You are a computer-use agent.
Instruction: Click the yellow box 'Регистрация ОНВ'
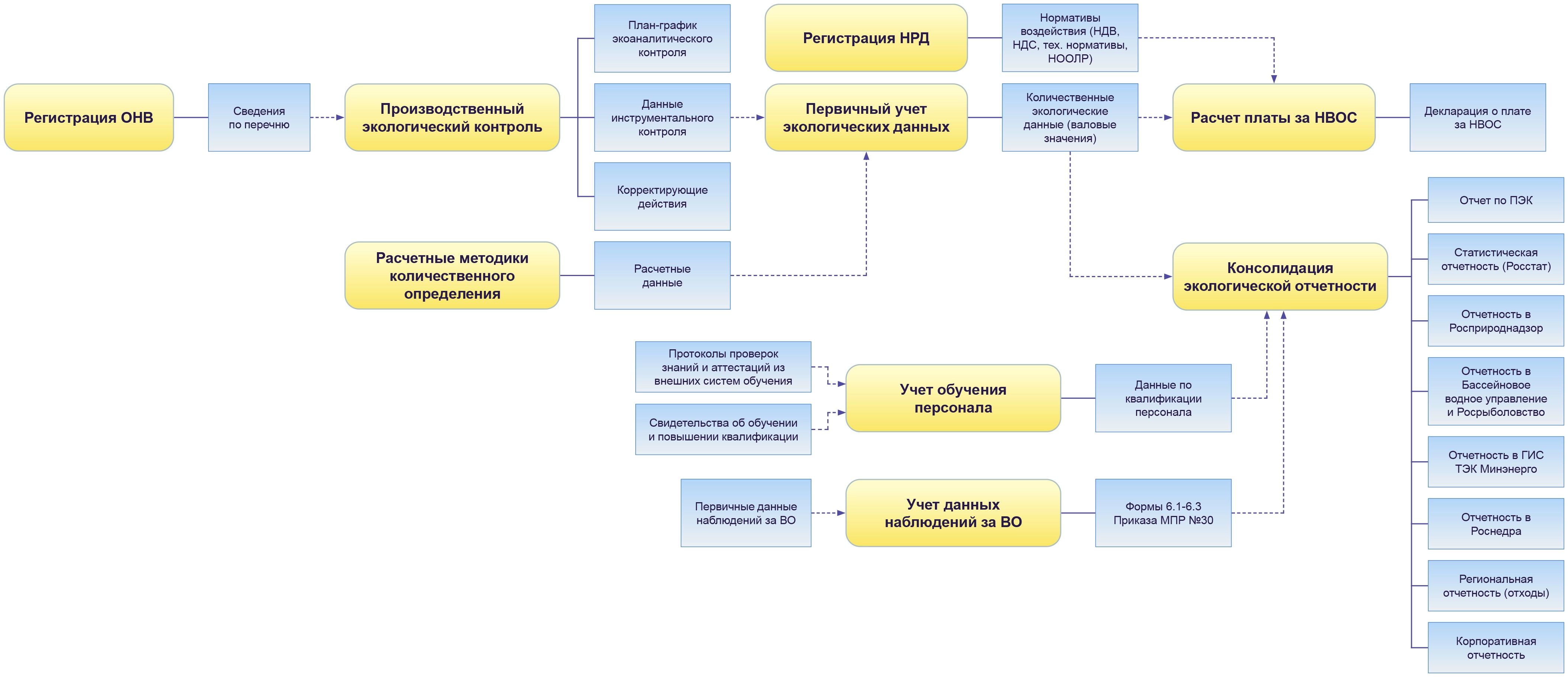89,118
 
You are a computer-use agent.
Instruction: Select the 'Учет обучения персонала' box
953,398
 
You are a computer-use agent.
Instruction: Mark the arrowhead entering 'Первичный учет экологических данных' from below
866,156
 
